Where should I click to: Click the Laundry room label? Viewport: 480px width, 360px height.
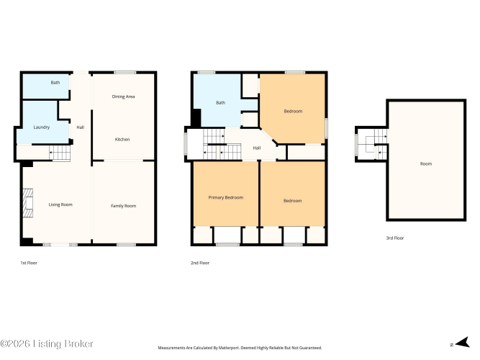(x=42, y=127)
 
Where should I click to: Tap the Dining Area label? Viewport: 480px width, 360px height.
(x=123, y=96)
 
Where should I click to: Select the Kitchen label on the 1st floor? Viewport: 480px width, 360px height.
(x=122, y=140)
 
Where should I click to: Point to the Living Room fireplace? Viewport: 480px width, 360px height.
(x=28, y=203)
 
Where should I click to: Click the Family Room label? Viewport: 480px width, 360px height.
(x=123, y=206)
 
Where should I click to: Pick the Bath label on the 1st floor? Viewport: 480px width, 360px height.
(x=55, y=82)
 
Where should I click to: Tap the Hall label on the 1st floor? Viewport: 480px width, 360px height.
(x=80, y=127)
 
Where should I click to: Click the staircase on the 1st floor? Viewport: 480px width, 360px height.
(x=60, y=153)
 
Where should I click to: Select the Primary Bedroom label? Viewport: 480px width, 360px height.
(x=226, y=197)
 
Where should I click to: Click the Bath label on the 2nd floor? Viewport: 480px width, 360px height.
(x=221, y=103)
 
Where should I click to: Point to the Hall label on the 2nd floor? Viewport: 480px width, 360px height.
(x=257, y=148)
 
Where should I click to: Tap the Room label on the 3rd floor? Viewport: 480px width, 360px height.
(x=426, y=164)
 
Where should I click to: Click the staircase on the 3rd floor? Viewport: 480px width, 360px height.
(x=377, y=144)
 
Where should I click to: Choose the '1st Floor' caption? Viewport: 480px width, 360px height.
(x=29, y=263)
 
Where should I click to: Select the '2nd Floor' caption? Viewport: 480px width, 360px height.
(x=200, y=263)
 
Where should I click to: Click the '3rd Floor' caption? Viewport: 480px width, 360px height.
(x=395, y=238)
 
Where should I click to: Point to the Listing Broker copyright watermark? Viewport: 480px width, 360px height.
(x=47, y=343)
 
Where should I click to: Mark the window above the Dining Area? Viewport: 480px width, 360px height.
(x=125, y=73)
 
